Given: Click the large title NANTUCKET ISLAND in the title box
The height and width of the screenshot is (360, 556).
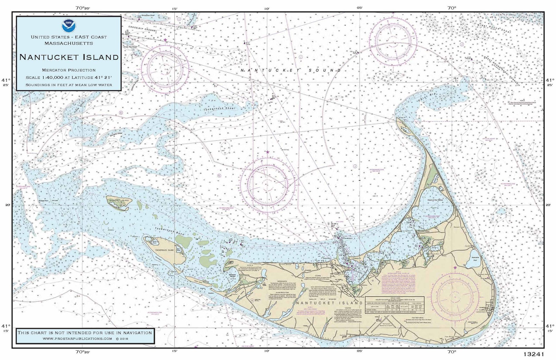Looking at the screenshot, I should [69, 57].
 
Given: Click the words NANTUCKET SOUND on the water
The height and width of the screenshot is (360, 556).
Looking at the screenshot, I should [291, 71].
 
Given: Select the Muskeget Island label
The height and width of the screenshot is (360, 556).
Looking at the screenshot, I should [119, 200].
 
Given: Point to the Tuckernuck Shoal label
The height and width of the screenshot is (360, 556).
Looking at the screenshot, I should [219, 109].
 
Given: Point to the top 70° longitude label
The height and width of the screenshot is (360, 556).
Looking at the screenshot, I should [452, 8].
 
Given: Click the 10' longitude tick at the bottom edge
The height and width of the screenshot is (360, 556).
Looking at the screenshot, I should [267, 351].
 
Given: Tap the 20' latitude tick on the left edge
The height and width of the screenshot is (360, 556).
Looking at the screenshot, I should [8, 205].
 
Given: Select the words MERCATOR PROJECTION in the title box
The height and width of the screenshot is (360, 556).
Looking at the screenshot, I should [69, 70].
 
